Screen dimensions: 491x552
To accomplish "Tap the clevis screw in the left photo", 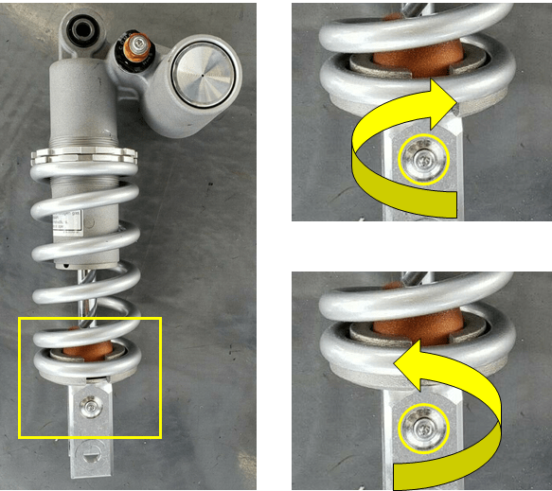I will [90, 406].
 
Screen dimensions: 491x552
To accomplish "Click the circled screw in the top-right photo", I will [422, 163].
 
